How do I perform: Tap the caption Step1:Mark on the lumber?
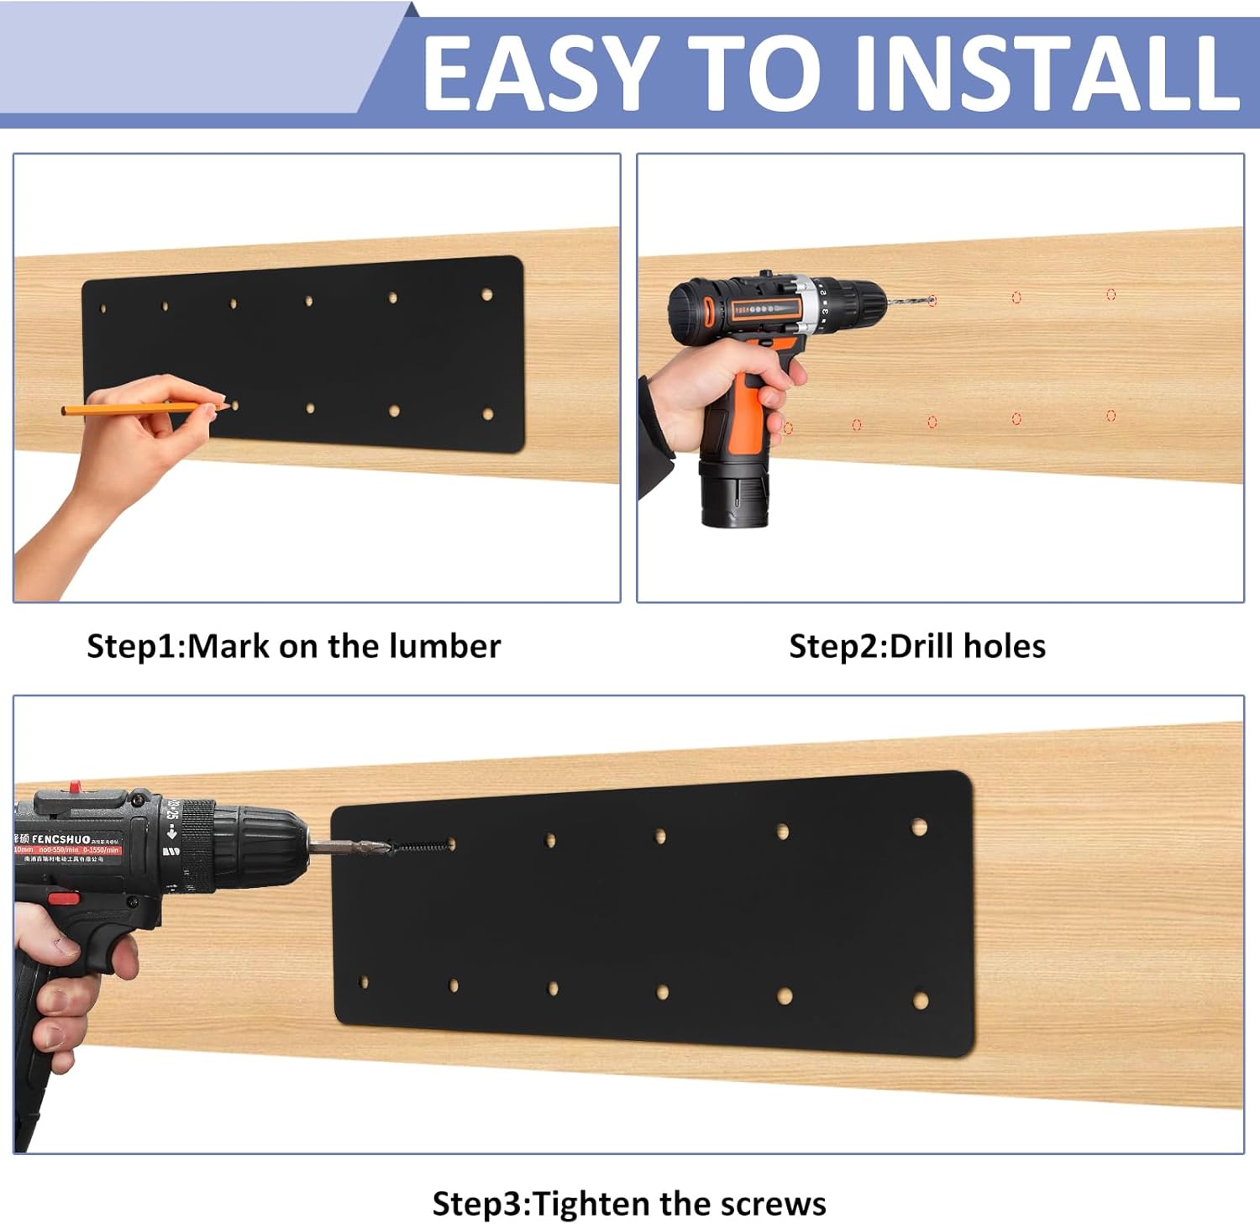click(x=293, y=646)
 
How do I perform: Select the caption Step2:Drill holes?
click(x=917, y=646)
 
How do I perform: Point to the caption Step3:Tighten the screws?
click(x=629, y=1203)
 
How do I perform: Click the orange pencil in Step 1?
click(x=126, y=409)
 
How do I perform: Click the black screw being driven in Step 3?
click(x=420, y=845)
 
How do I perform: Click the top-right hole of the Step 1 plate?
click(x=487, y=295)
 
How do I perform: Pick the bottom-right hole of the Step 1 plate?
click(x=488, y=414)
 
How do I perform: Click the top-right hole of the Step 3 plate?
click(x=920, y=827)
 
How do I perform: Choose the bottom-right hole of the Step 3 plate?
click(x=921, y=1001)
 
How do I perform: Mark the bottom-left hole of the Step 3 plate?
click(x=364, y=982)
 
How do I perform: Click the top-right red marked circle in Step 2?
click(x=1110, y=294)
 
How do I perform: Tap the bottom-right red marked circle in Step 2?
click(x=1110, y=416)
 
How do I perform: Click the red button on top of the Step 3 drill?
click(x=74, y=788)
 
